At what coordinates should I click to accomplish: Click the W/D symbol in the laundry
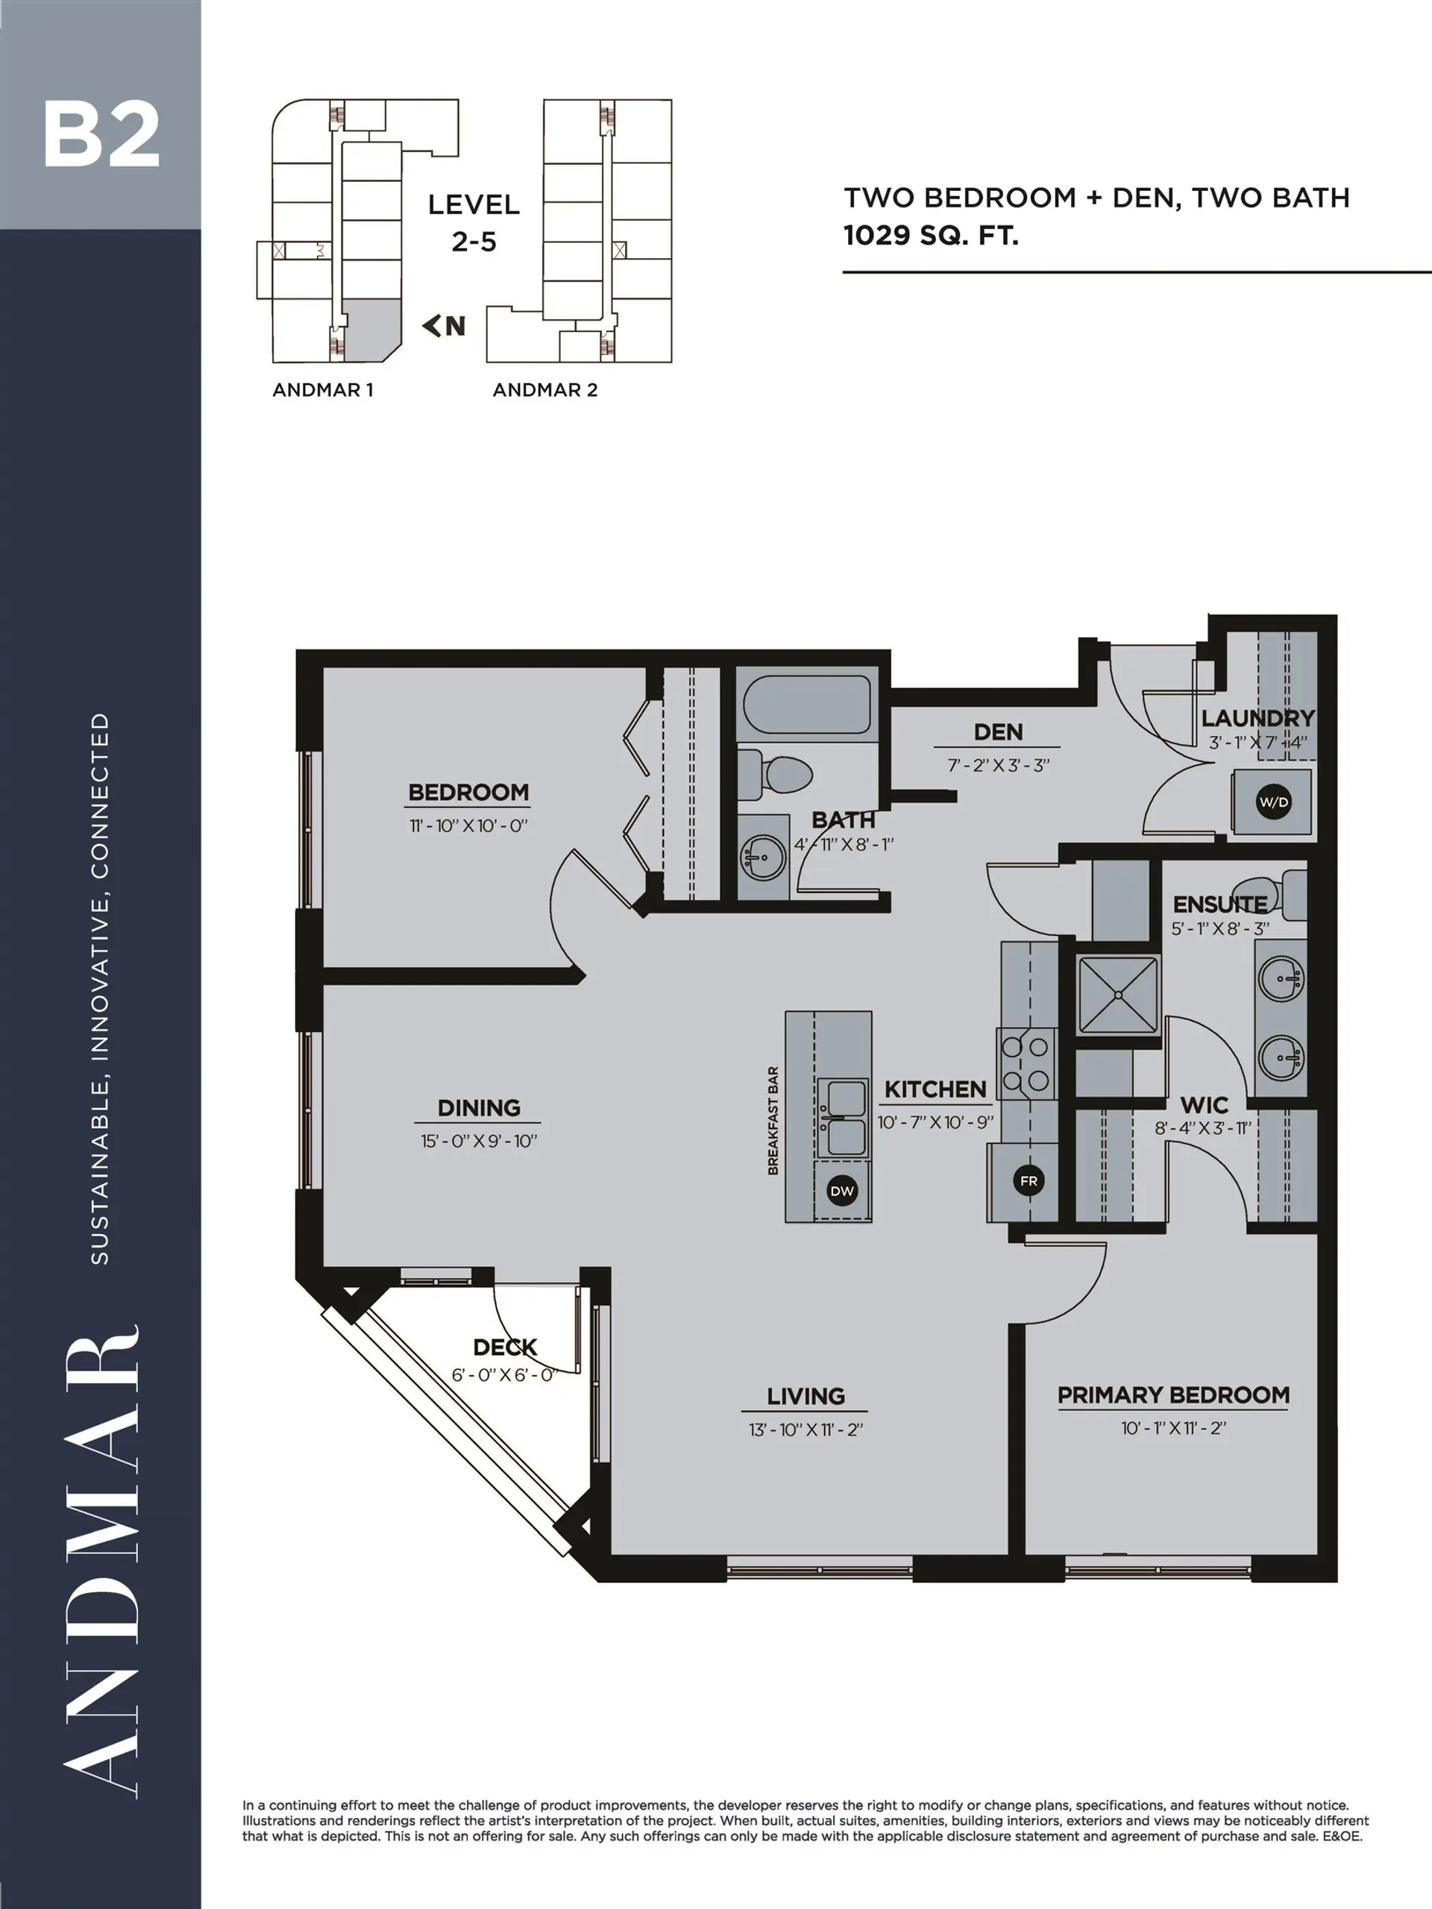coord(1273,802)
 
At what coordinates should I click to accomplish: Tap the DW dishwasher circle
coord(841,1191)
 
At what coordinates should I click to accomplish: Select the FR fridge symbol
coord(1028,1180)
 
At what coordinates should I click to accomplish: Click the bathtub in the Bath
coord(806,704)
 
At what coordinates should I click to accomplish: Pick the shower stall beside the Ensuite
coord(1118,994)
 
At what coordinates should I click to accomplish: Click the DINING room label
coord(478,1108)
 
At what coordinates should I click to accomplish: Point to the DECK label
coord(505,1347)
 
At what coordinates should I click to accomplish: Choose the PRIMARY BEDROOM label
coord(1173,1395)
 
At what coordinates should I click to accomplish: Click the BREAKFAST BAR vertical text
coord(773,1120)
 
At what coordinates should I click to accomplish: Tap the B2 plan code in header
coord(101,136)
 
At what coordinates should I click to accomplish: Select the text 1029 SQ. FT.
coord(931,236)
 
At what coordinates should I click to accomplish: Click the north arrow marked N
coord(444,325)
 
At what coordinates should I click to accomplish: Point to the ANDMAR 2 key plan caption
coord(544,390)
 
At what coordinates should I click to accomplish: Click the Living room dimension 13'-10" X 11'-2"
coord(805,1430)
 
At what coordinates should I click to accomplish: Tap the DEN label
coord(998,732)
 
